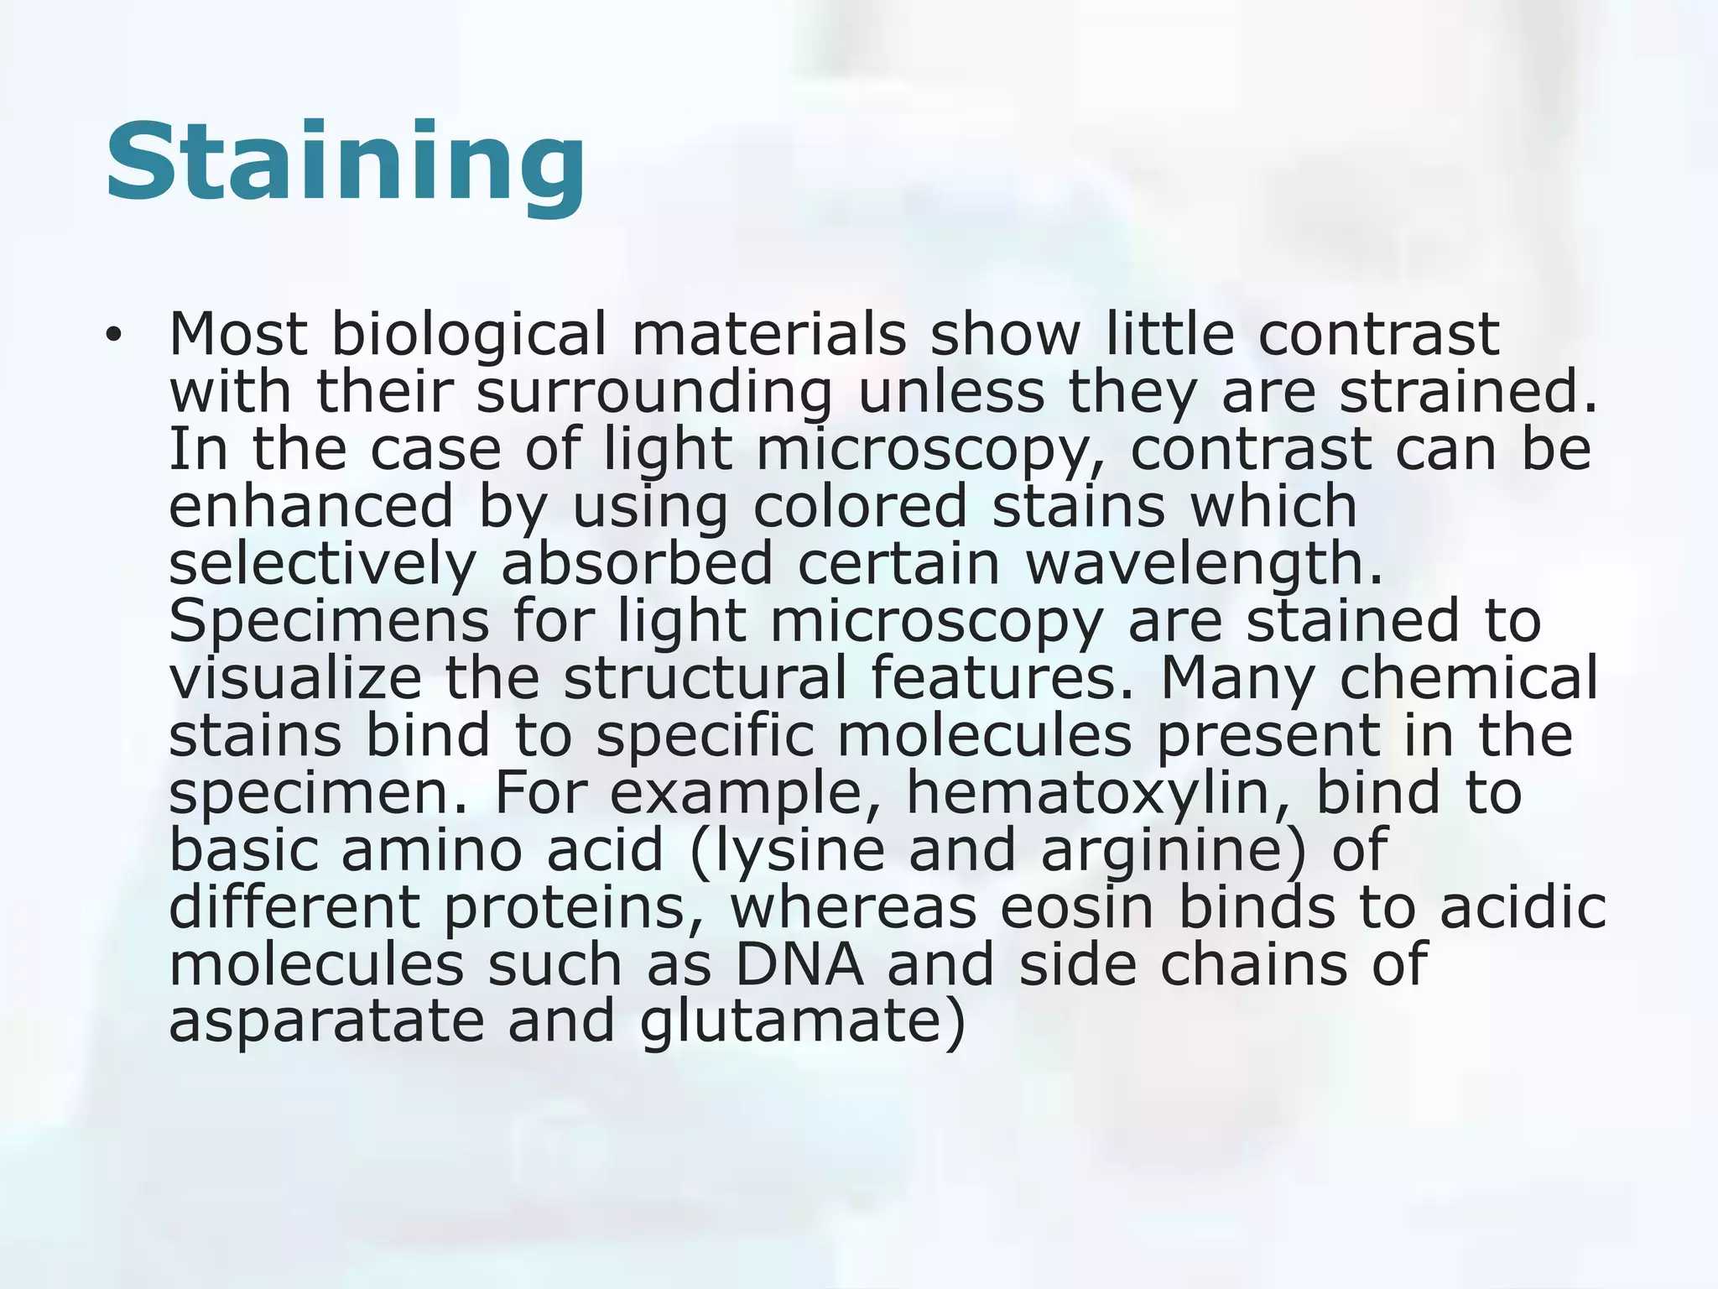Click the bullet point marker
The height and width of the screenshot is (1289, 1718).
[x=113, y=337]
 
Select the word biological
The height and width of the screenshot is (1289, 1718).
[x=468, y=335]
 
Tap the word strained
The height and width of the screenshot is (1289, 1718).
[x=1468, y=392]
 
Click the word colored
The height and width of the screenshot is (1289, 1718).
[x=860, y=506]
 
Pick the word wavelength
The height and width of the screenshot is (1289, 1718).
[x=1204, y=564]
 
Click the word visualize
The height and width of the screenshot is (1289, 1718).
[x=294, y=678]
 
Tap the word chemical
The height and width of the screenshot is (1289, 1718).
[x=1468, y=678]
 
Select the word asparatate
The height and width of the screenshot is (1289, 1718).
[x=326, y=1021]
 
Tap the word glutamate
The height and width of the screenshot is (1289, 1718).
[x=793, y=1021]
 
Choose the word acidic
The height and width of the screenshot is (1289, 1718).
[x=1523, y=907]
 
